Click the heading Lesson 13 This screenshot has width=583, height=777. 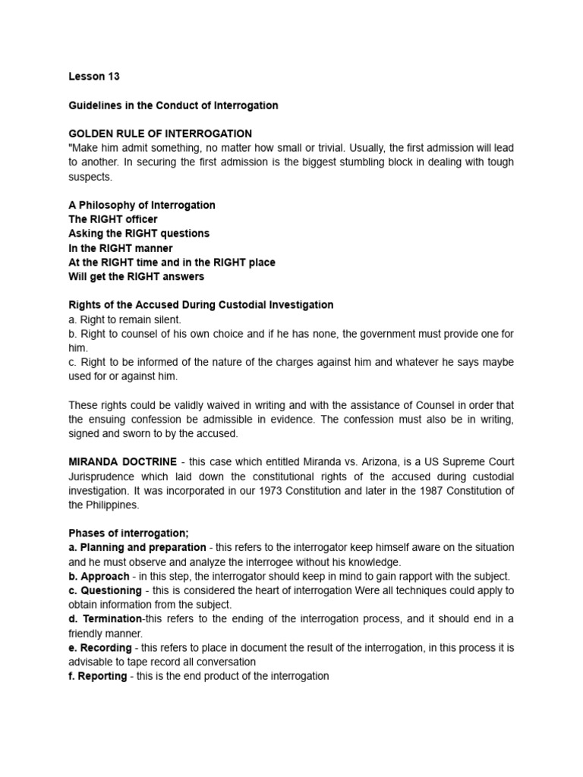(94, 77)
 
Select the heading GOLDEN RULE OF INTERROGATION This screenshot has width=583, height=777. (160, 134)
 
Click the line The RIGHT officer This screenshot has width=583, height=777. (113, 219)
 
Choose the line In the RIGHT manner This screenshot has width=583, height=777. (121, 248)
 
